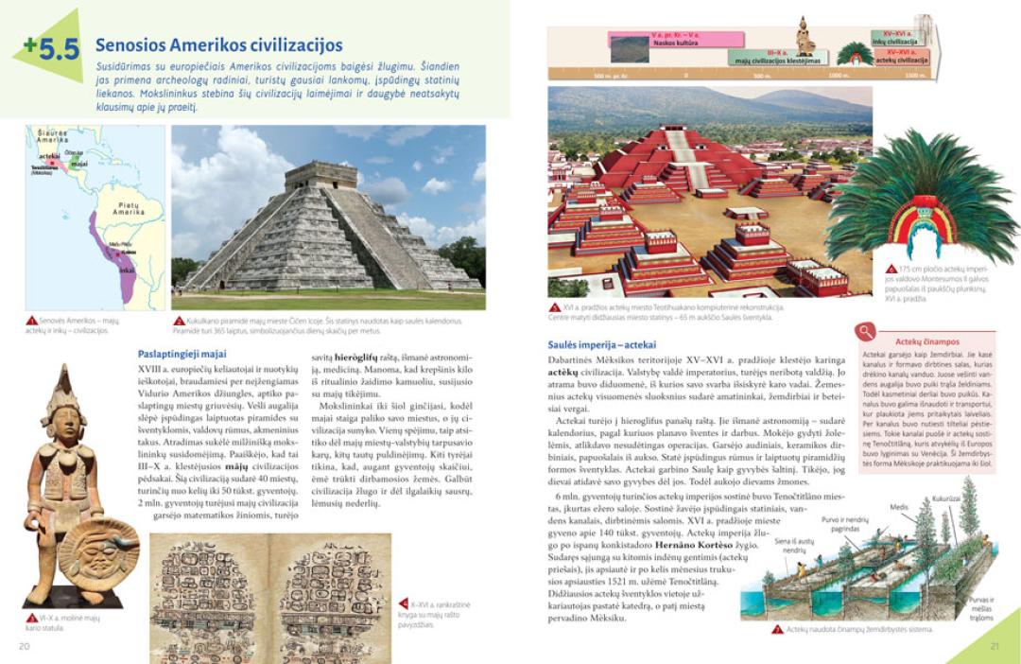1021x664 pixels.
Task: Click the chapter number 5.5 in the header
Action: pyautogui.click(x=53, y=47)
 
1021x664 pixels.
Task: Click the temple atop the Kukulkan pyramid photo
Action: pyautogui.click(x=323, y=175)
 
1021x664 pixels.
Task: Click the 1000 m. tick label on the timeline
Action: pyautogui.click(x=838, y=75)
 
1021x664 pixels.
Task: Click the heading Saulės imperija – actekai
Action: pyautogui.click(x=601, y=344)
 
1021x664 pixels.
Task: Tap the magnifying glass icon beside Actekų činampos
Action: pyautogui.click(x=863, y=331)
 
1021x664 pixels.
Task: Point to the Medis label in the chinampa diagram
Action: pyautogui.click(x=898, y=507)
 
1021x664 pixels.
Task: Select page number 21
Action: pyautogui.click(x=994, y=646)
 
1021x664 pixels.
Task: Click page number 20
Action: pyautogui.click(x=24, y=646)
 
